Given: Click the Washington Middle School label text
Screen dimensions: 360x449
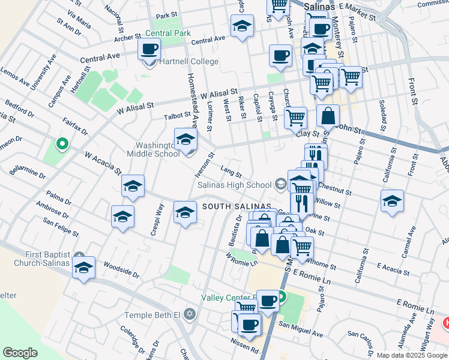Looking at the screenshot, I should point(154,149).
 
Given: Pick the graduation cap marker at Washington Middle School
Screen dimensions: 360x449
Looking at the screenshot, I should point(186,140).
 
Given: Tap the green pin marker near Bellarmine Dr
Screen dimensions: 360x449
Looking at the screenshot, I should point(61,144).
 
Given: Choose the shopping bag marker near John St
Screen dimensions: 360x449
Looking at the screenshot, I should point(328,116).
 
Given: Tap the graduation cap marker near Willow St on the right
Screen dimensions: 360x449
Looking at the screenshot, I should point(392,202).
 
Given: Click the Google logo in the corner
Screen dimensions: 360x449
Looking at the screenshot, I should point(20,352).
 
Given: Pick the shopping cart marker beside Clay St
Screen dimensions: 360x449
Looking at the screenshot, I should point(295,118).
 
